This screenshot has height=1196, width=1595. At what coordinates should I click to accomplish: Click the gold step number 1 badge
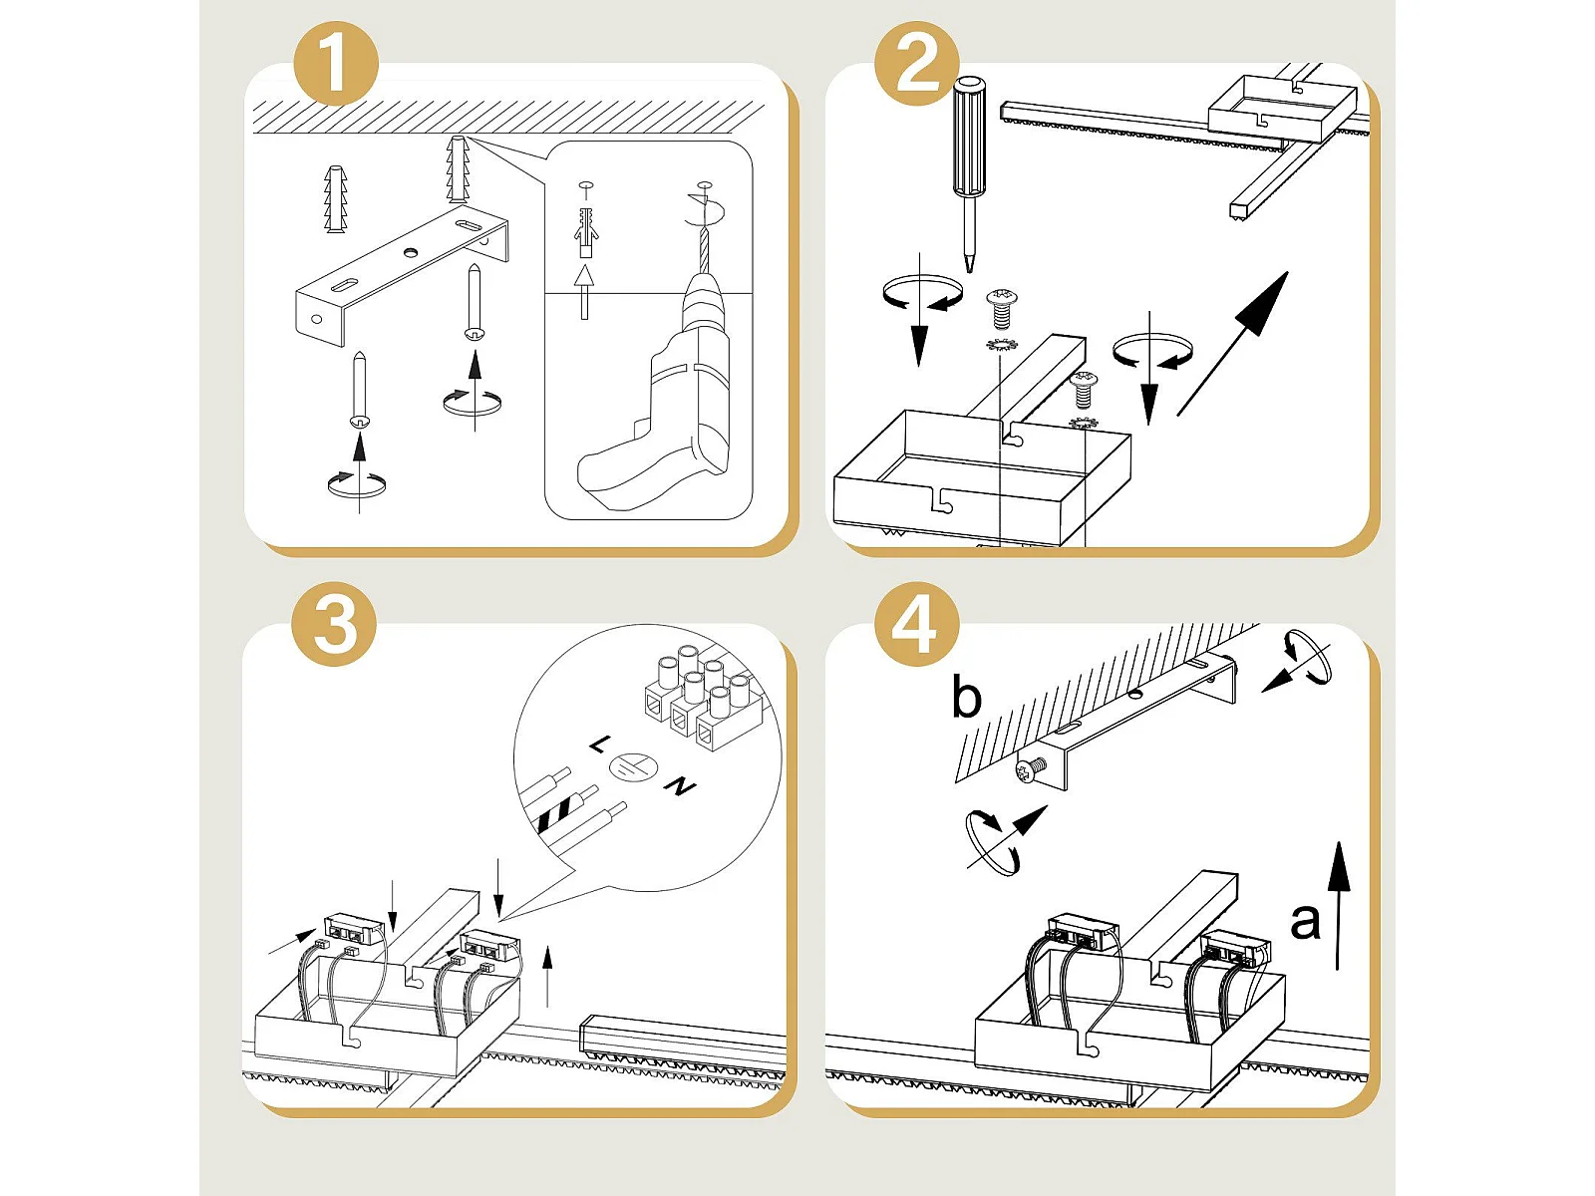336,63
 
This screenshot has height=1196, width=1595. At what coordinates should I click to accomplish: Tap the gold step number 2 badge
917,63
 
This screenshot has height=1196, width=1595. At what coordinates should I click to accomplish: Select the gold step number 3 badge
334,624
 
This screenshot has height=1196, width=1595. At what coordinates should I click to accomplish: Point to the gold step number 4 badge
916,624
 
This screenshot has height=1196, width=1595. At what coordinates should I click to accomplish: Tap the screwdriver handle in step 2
969,137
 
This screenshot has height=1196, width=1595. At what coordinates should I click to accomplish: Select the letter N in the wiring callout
680,785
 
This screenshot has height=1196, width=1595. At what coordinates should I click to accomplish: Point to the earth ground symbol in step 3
632,766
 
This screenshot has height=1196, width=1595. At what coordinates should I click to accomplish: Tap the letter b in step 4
966,697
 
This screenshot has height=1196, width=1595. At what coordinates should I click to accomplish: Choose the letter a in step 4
1305,922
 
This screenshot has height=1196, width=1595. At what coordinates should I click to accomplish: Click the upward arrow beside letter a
1339,906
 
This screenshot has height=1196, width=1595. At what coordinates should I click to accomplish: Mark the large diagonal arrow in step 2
1232,344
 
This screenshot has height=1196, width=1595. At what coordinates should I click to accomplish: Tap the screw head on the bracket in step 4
1028,771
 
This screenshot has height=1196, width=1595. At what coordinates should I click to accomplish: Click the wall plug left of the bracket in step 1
335,199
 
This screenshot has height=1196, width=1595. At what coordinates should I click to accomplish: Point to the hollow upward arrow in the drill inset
583,291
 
